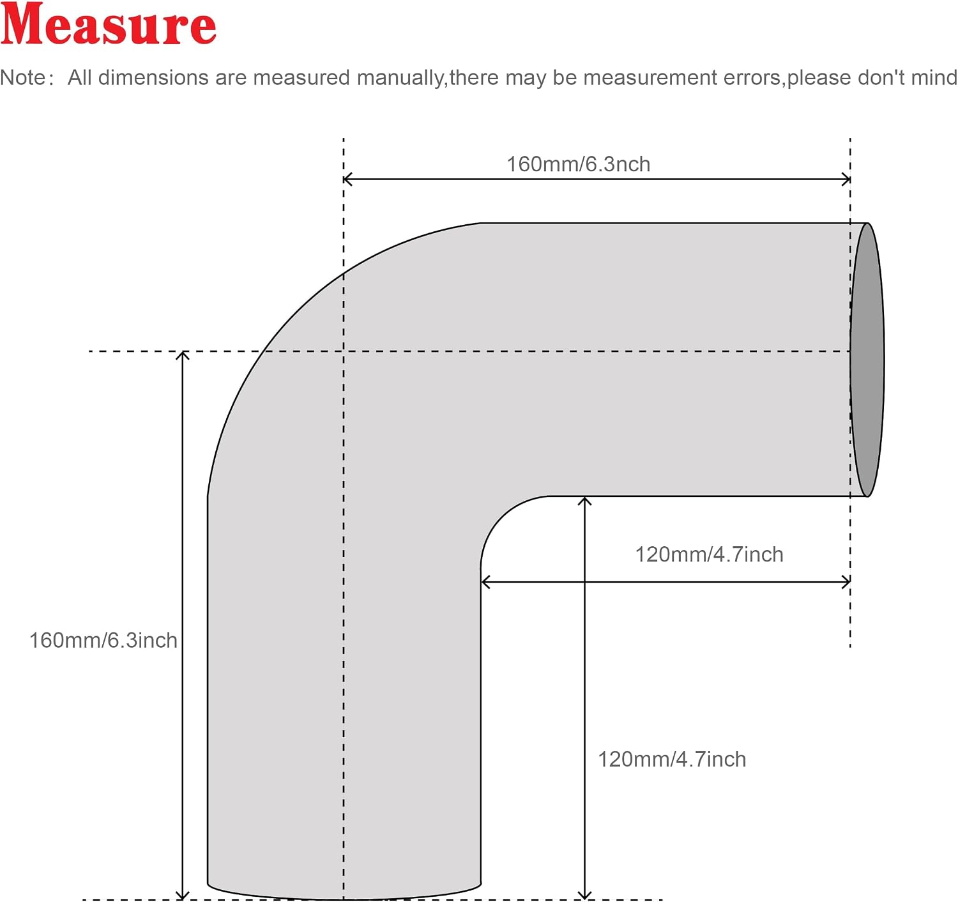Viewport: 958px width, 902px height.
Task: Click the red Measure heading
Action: pos(108,24)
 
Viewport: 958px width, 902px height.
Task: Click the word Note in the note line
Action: pos(23,78)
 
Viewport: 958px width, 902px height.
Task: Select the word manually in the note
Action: pos(400,78)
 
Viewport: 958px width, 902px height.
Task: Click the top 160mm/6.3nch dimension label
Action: pos(579,164)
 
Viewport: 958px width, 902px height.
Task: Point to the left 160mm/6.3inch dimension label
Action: pos(103,641)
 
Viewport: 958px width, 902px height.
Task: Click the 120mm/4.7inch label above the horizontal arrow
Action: pos(709,554)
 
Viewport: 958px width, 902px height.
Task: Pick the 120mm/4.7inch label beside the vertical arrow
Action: pos(672,760)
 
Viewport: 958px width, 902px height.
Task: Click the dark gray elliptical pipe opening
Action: pos(867,360)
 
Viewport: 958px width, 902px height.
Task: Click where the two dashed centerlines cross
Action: pos(344,351)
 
